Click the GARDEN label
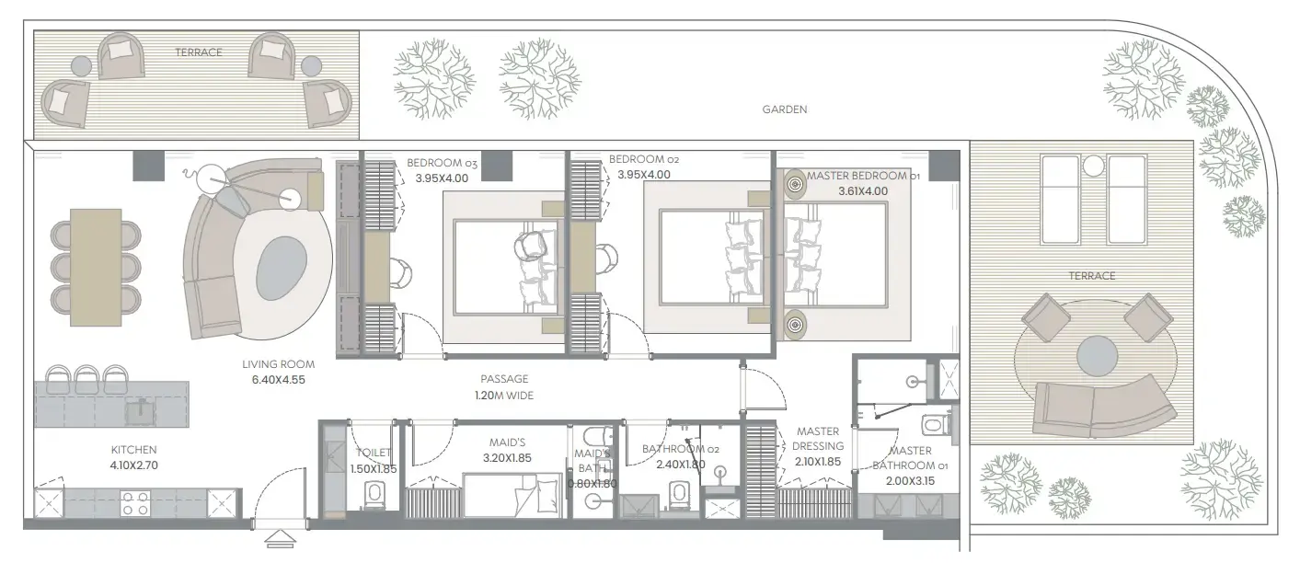point(784,109)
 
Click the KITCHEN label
point(133,450)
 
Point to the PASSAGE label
point(504,378)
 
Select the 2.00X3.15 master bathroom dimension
point(910,480)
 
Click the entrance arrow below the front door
point(277,538)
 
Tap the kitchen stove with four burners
point(136,503)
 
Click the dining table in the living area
point(96,266)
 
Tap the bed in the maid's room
point(511,495)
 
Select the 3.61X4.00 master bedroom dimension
point(862,191)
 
